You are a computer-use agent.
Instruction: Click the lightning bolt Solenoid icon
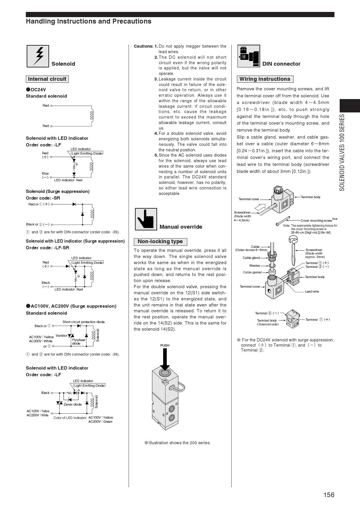tap(38, 56)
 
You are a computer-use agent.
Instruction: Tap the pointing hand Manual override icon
tap(146, 219)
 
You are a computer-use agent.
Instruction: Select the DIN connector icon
tap(249, 56)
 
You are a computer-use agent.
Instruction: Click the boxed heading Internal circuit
tap(47, 79)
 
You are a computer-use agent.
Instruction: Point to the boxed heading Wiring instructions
tap(265, 79)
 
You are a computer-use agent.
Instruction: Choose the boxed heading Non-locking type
tap(160, 242)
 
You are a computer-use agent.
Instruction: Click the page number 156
tap(329, 495)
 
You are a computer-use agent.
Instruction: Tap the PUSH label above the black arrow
tap(165, 345)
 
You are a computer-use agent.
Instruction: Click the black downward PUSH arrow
tap(165, 359)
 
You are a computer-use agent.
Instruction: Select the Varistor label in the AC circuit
tap(61, 336)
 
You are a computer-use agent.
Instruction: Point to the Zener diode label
tap(73, 404)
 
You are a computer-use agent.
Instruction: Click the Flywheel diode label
tap(78, 342)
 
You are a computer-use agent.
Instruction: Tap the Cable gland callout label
tap(251, 258)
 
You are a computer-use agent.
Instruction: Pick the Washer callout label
tap(255, 266)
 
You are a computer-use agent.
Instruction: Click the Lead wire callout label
tap(312, 291)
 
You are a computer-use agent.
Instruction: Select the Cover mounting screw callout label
tap(316, 221)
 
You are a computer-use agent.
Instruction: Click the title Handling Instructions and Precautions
tap(89, 21)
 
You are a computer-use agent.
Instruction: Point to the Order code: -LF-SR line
tap(47, 248)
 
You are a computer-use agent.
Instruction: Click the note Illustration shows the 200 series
tap(177, 443)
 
